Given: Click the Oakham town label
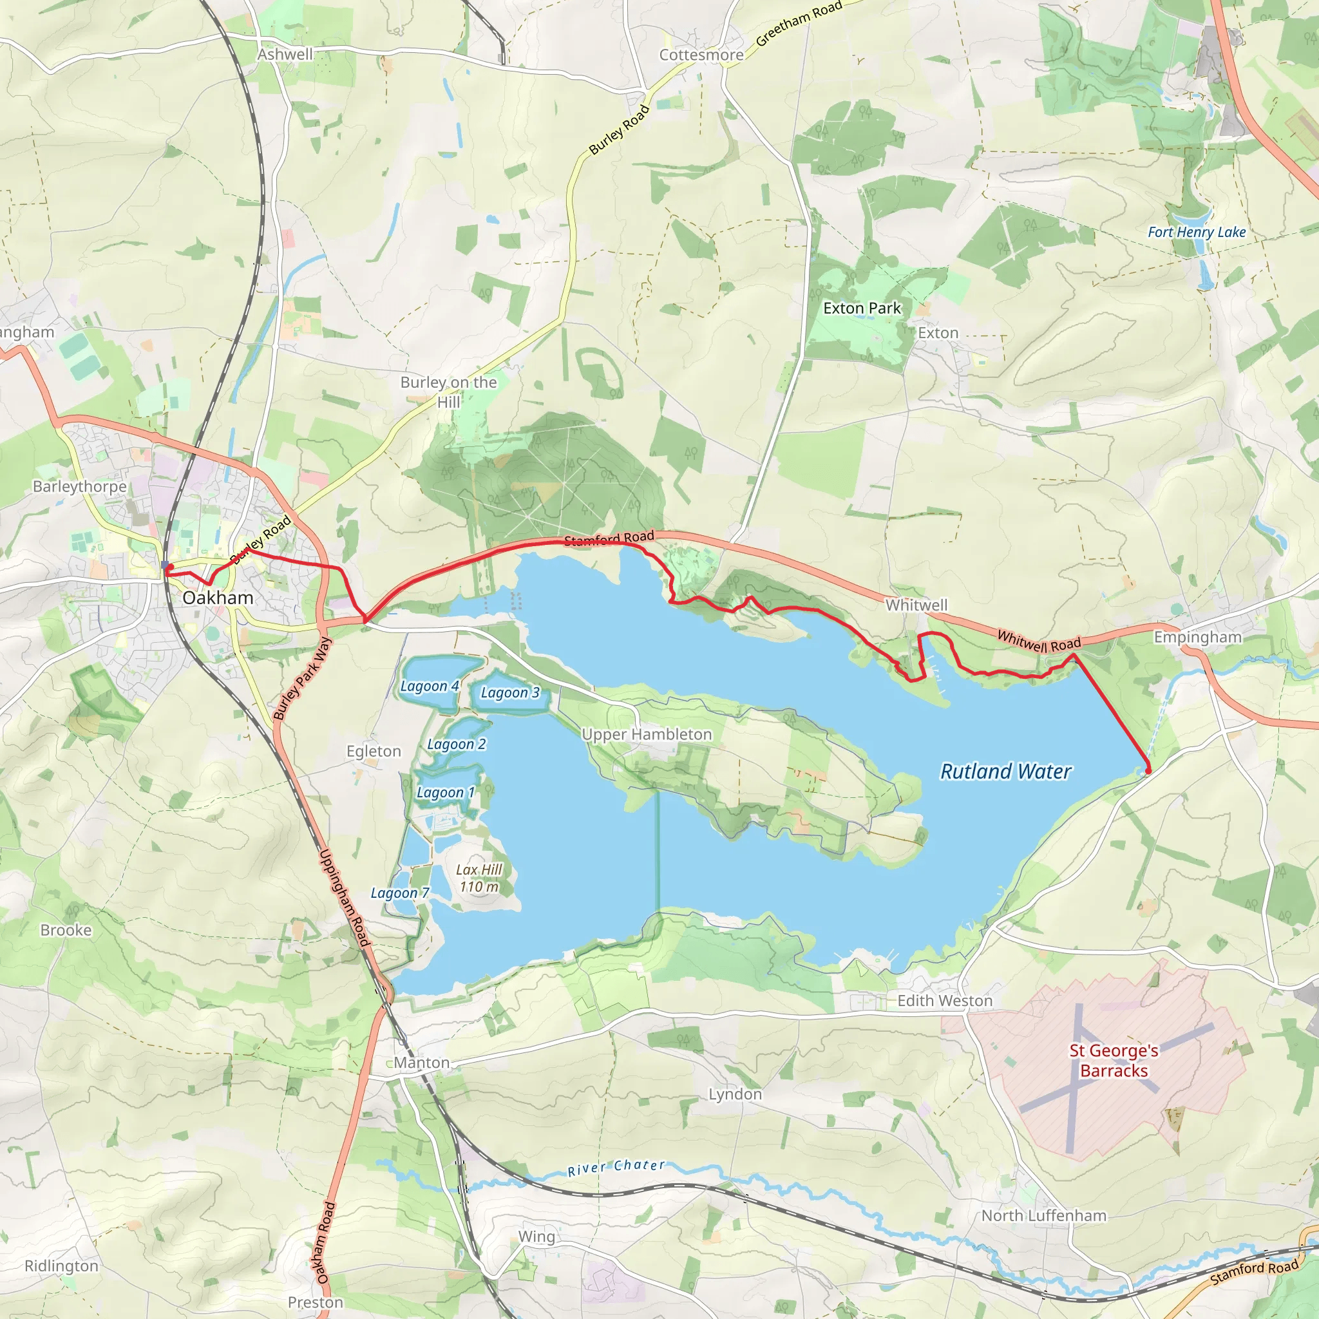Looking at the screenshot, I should tap(218, 598).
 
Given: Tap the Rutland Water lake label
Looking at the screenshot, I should tap(1005, 772).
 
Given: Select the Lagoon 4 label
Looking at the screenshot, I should tap(430, 686).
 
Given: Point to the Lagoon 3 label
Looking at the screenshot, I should tap(510, 693).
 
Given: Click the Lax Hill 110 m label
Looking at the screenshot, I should tap(479, 878).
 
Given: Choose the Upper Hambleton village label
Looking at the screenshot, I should tap(647, 735).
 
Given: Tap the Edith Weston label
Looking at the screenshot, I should tap(945, 1001).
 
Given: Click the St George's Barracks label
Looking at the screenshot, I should tap(1114, 1060).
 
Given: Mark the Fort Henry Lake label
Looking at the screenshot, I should tap(1197, 232).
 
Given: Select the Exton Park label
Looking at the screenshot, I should tap(862, 308).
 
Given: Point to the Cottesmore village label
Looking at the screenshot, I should tap(701, 55).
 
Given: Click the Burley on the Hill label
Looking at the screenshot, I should tap(448, 392).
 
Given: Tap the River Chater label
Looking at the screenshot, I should tap(616, 1168).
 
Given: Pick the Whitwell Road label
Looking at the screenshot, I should tap(1039, 641).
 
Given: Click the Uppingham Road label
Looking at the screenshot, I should tap(345, 898).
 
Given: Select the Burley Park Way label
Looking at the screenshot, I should tap(303, 679).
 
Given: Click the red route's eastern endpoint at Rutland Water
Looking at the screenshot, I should tap(1148, 771).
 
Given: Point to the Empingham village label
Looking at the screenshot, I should tap(1197, 637).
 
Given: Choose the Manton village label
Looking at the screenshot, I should tap(422, 1063).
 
